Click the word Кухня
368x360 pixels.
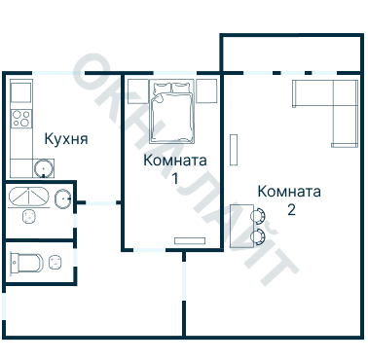66,139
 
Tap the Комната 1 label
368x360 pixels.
174,160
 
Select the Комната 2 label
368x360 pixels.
289,191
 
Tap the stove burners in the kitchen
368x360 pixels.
20,120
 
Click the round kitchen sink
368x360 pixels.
43,168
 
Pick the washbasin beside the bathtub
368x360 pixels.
62,200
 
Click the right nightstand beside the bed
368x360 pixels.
206,91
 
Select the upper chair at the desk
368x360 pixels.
259,216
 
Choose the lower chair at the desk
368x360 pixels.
259,236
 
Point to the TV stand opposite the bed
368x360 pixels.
186,240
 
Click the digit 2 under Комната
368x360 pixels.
291,208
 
